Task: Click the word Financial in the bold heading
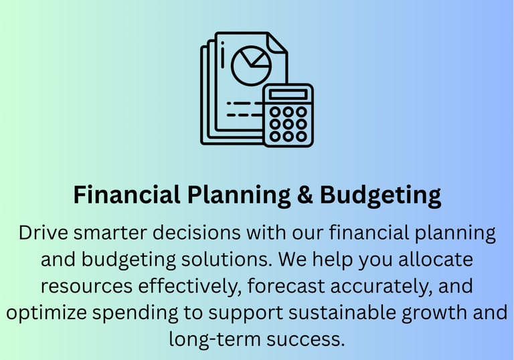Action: [126, 195]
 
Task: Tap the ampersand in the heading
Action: [305, 195]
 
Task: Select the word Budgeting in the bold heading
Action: [380, 196]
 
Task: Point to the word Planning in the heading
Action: [239, 196]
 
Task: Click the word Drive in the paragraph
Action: [44, 233]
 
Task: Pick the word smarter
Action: [110, 234]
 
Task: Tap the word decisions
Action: [197, 233]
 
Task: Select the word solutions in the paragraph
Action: [226, 259]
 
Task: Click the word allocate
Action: [436, 259]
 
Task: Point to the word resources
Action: [86, 286]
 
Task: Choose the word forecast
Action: [286, 286]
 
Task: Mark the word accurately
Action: [381, 287]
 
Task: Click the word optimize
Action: [46, 312]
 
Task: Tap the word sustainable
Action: [342, 312]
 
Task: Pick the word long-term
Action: [215, 339]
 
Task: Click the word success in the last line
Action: [305, 340]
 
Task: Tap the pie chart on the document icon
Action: [251, 66]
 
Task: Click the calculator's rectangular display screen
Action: [288, 94]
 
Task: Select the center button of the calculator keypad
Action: [288, 124]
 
